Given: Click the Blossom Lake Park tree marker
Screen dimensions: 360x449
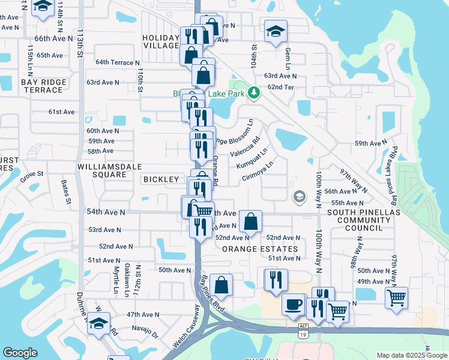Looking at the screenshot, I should (x=254, y=92).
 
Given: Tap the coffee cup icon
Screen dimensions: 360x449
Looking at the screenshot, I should (x=293, y=304).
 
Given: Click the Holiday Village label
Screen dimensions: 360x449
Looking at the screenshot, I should (x=161, y=41).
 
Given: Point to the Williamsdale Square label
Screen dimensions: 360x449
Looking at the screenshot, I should (x=102, y=170).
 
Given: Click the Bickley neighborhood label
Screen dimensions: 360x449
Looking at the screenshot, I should (x=161, y=179).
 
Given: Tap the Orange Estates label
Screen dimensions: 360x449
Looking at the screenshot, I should (x=260, y=249).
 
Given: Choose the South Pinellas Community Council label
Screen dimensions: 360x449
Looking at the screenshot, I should (x=359, y=220).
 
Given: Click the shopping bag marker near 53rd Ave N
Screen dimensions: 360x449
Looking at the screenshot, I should (x=250, y=221).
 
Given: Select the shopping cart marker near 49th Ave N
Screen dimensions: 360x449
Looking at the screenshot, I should (x=396, y=296).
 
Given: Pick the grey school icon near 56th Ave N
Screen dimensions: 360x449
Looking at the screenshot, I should (x=298, y=196).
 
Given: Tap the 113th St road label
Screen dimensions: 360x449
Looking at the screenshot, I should (x=79, y=42).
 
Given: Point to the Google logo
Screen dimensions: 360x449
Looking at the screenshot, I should (x=20, y=353).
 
